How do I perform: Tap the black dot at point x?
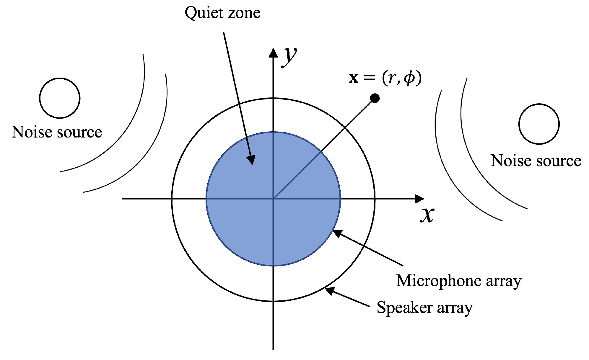tap(375, 98)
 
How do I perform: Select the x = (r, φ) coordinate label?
tap(385, 78)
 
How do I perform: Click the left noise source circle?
tap(60, 98)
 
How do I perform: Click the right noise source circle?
tap(539, 124)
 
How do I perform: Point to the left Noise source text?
tap(57, 132)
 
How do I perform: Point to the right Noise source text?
tap(536, 161)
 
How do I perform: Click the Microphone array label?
tap(459, 281)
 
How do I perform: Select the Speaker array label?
tap(424, 308)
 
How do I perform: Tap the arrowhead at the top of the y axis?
tap(273, 53)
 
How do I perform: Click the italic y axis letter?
tap(289, 57)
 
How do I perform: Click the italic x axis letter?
tap(427, 215)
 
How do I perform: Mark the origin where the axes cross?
tap(273, 199)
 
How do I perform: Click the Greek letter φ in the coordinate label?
tap(409, 78)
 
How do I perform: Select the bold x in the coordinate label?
tap(353, 78)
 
